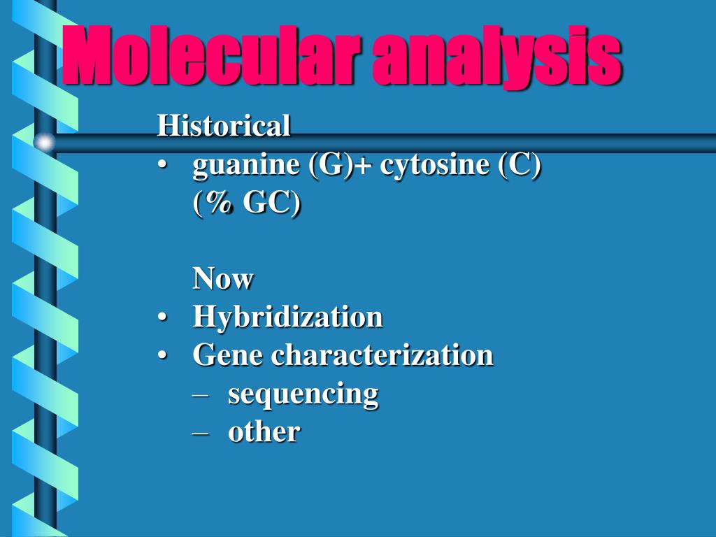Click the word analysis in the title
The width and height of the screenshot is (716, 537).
(496, 55)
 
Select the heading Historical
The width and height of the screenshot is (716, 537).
(223, 127)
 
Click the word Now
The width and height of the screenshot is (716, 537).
(223, 279)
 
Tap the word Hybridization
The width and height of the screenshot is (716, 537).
(287, 317)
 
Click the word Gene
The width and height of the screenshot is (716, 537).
(229, 355)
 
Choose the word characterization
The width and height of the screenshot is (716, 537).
(382, 355)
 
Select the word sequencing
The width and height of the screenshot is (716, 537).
(303, 394)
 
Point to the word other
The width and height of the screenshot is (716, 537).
(264, 431)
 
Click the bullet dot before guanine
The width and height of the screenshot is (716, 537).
(162, 166)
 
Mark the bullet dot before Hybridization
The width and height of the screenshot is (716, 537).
(162, 318)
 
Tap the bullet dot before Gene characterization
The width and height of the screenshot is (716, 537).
(162, 356)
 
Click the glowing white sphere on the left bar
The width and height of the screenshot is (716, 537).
(45, 143)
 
